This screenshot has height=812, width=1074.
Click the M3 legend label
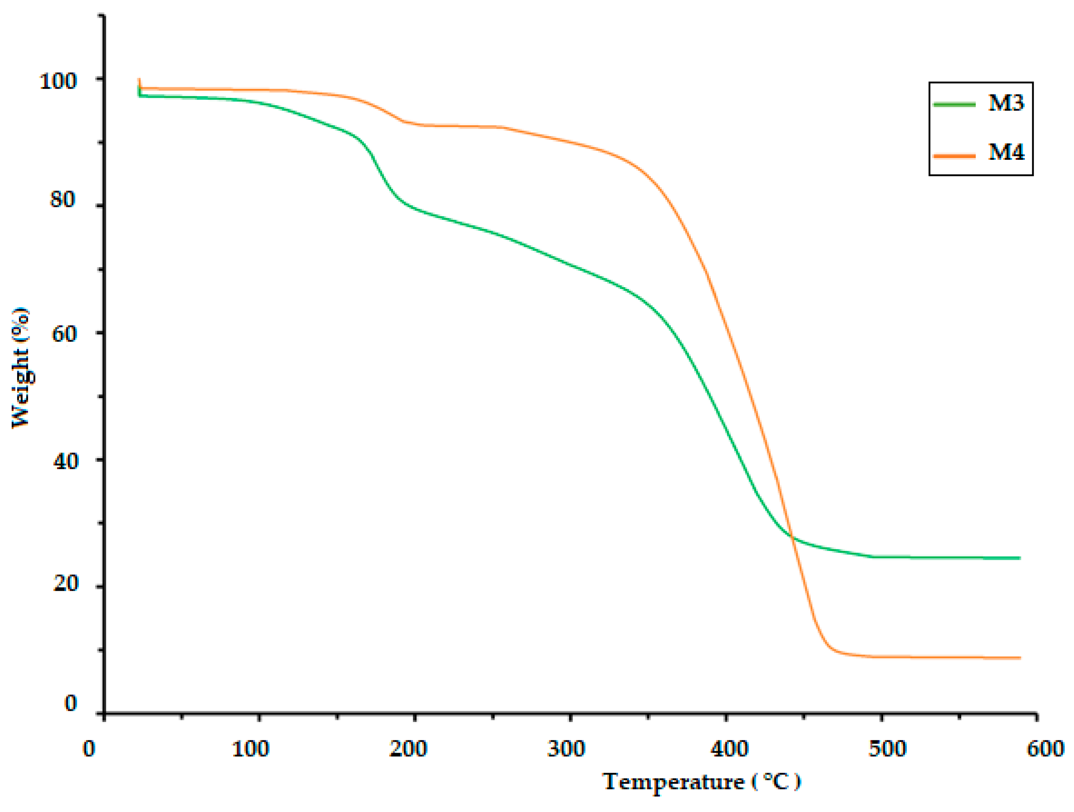click(x=1006, y=103)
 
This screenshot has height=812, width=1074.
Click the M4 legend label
click(x=1006, y=152)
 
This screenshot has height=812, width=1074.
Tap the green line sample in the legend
click(x=954, y=104)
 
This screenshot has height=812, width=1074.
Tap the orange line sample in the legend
click(x=954, y=155)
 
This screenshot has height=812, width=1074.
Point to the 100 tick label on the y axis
click(x=58, y=81)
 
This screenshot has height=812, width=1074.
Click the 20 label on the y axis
click(x=65, y=583)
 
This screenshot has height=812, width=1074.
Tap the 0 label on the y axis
click(x=71, y=703)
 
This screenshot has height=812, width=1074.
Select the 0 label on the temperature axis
click(x=89, y=748)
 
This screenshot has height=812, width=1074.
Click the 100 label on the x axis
click(x=250, y=748)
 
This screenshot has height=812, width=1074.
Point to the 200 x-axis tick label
click(x=408, y=748)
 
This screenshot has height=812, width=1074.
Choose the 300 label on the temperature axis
click(x=566, y=748)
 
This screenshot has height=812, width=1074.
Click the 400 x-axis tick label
click(x=729, y=748)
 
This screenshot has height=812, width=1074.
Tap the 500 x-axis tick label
click(x=887, y=748)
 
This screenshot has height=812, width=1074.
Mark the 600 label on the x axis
click(x=1045, y=748)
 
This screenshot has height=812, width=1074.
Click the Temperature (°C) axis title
click(x=702, y=782)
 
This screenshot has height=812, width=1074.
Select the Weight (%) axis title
click(x=20, y=368)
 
